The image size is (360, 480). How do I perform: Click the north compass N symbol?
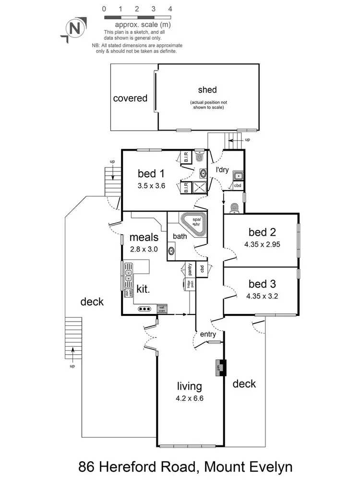(74, 28)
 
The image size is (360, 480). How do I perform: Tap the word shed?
(207, 90)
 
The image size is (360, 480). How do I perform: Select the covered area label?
(130, 98)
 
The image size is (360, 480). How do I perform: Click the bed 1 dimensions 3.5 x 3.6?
(151, 186)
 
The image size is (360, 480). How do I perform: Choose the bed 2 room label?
(262, 232)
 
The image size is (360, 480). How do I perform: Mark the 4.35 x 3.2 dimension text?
(262, 296)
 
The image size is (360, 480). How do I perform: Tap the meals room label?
(144, 237)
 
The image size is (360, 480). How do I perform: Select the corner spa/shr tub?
(194, 224)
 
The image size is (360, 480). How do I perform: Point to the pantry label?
(190, 269)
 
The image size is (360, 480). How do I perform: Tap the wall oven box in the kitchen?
(162, 309)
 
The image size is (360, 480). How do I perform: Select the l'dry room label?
(222, 170)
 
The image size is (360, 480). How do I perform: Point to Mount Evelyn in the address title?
(240, 466)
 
